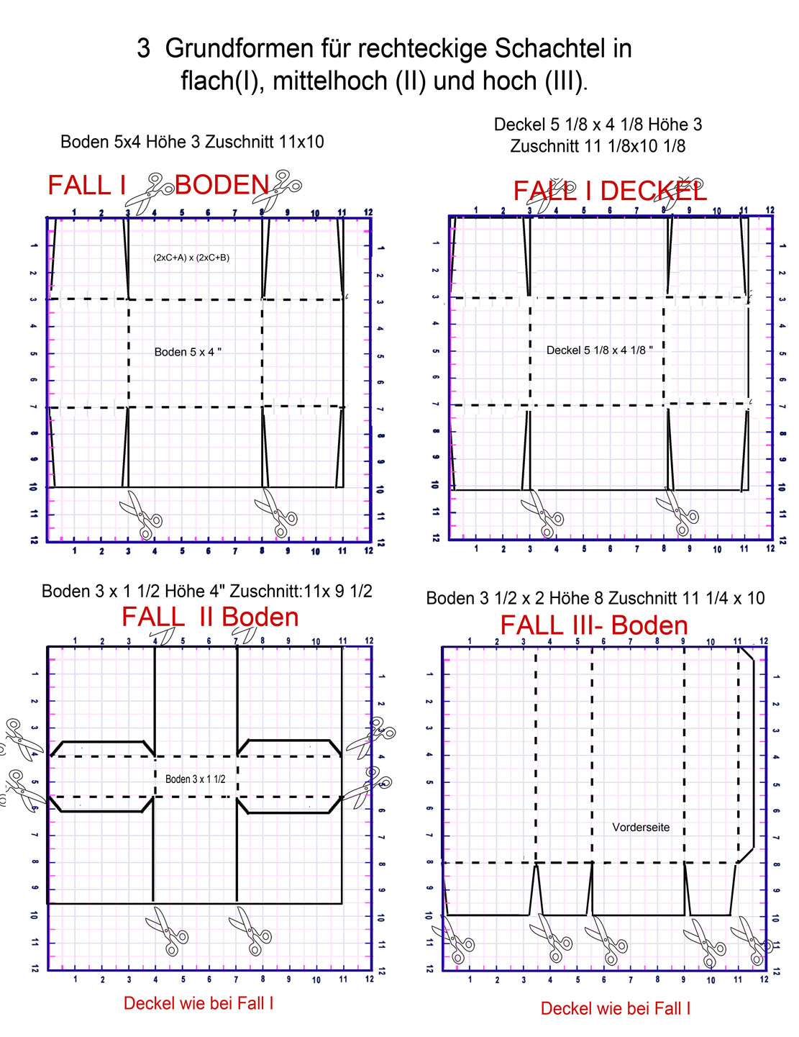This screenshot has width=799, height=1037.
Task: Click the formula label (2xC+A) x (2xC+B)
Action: [x=191, y=258]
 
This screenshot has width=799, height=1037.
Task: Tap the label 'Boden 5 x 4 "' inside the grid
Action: [x=188, y=352]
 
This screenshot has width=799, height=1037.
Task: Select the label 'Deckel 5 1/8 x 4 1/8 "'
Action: [x=599, y=350]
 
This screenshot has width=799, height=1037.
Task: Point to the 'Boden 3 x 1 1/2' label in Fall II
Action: [x=195, y=779]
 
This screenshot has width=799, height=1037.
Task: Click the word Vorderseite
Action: [x=640, y=828]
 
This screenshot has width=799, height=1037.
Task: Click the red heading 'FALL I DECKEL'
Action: [x=609, y=191]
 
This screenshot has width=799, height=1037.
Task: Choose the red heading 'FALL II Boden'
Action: [x=210, y=617]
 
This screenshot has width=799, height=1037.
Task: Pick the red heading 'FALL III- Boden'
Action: [x=594, y=625]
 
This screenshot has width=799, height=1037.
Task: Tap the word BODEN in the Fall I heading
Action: [x=222, y=186]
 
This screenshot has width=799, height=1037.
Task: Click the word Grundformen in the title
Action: [x=257, y=49]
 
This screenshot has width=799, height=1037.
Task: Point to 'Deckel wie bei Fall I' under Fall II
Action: [x=198, y=1003]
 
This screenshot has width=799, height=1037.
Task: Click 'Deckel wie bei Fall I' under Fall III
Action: [x=616, y=1008]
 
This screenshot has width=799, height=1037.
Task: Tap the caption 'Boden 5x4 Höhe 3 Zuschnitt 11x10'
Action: [x=192, y=142]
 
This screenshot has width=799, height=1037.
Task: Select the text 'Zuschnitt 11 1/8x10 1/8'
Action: [x=598, y=146]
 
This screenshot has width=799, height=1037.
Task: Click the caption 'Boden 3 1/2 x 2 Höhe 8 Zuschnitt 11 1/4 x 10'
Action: [x=595, y=598]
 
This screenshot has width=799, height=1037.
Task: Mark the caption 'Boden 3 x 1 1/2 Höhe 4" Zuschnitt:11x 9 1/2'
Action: [x=207, y=592]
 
